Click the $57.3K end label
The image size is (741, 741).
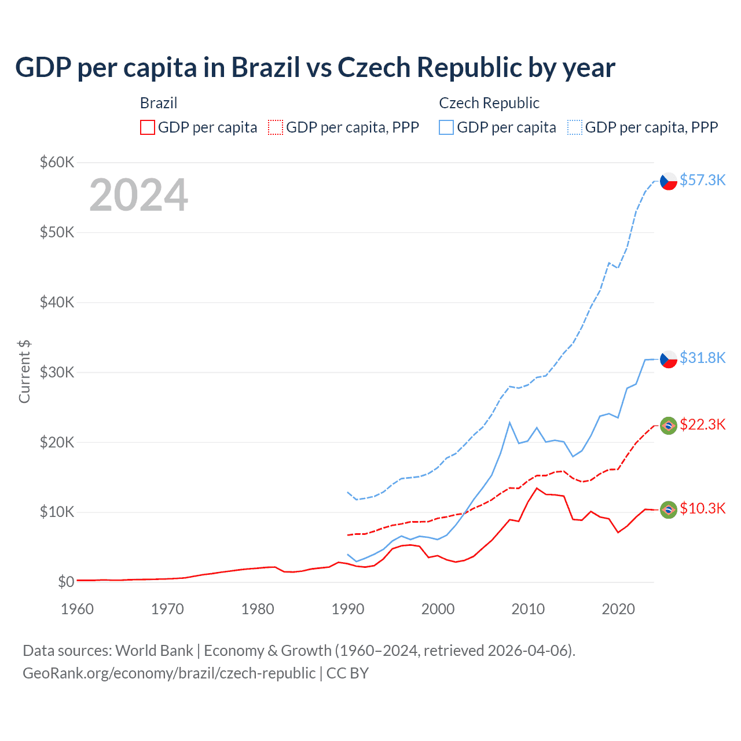coord(702,180)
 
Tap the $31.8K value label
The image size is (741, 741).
coord(702,358)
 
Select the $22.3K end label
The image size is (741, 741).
coord(702,424)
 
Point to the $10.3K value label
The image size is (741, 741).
coord(702,508)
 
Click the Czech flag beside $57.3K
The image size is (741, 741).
coord(669,181)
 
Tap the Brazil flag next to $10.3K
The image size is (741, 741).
coord(669,509)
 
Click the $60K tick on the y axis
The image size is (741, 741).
coord(57,162)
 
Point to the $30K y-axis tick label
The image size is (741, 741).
coord(57,372)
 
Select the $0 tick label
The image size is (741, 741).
coord(66,582)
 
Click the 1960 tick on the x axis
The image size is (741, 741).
coord(77,609)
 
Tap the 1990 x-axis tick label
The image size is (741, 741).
coord(348,609)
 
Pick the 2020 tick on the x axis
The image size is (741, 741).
coord(618,609)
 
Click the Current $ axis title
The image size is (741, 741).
coord(24,372)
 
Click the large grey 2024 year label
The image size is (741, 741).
coord(138,195)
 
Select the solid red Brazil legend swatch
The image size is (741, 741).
coord(148,127)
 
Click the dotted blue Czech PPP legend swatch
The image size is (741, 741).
coord(575,127)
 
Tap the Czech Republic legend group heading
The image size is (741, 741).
coord(489,103)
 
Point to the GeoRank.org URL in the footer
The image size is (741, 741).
coord(169,673)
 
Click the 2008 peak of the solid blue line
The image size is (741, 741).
coord(509,423)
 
